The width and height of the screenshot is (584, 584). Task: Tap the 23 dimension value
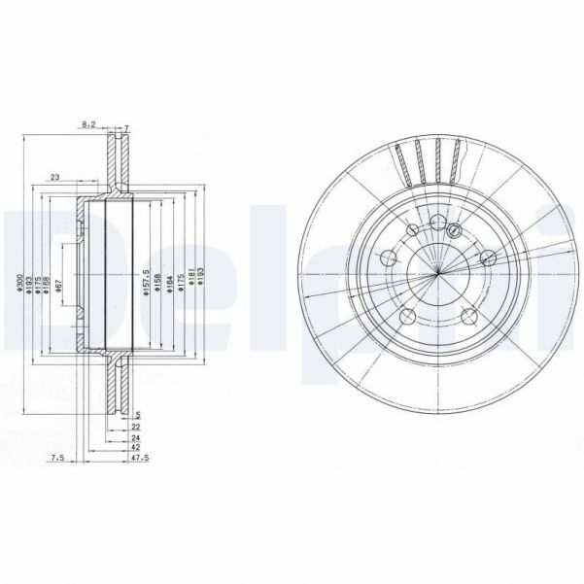[x=54, y=176]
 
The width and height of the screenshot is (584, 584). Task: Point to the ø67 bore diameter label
[x=59, y=284]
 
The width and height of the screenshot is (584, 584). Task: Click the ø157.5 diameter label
[x=145, y=281]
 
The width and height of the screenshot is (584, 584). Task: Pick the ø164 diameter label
[x=168, y=283]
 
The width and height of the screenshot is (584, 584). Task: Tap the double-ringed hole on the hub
[x=454, y=229]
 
